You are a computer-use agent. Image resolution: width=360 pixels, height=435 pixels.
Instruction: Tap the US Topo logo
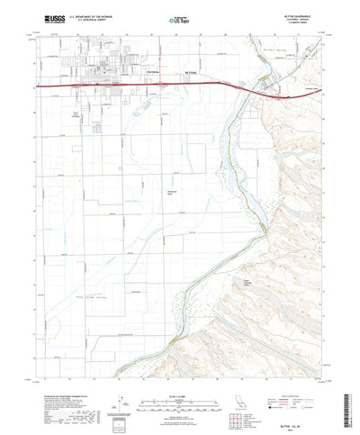click(179, 18)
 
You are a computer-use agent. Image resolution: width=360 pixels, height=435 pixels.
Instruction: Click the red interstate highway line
click(135, 86)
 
